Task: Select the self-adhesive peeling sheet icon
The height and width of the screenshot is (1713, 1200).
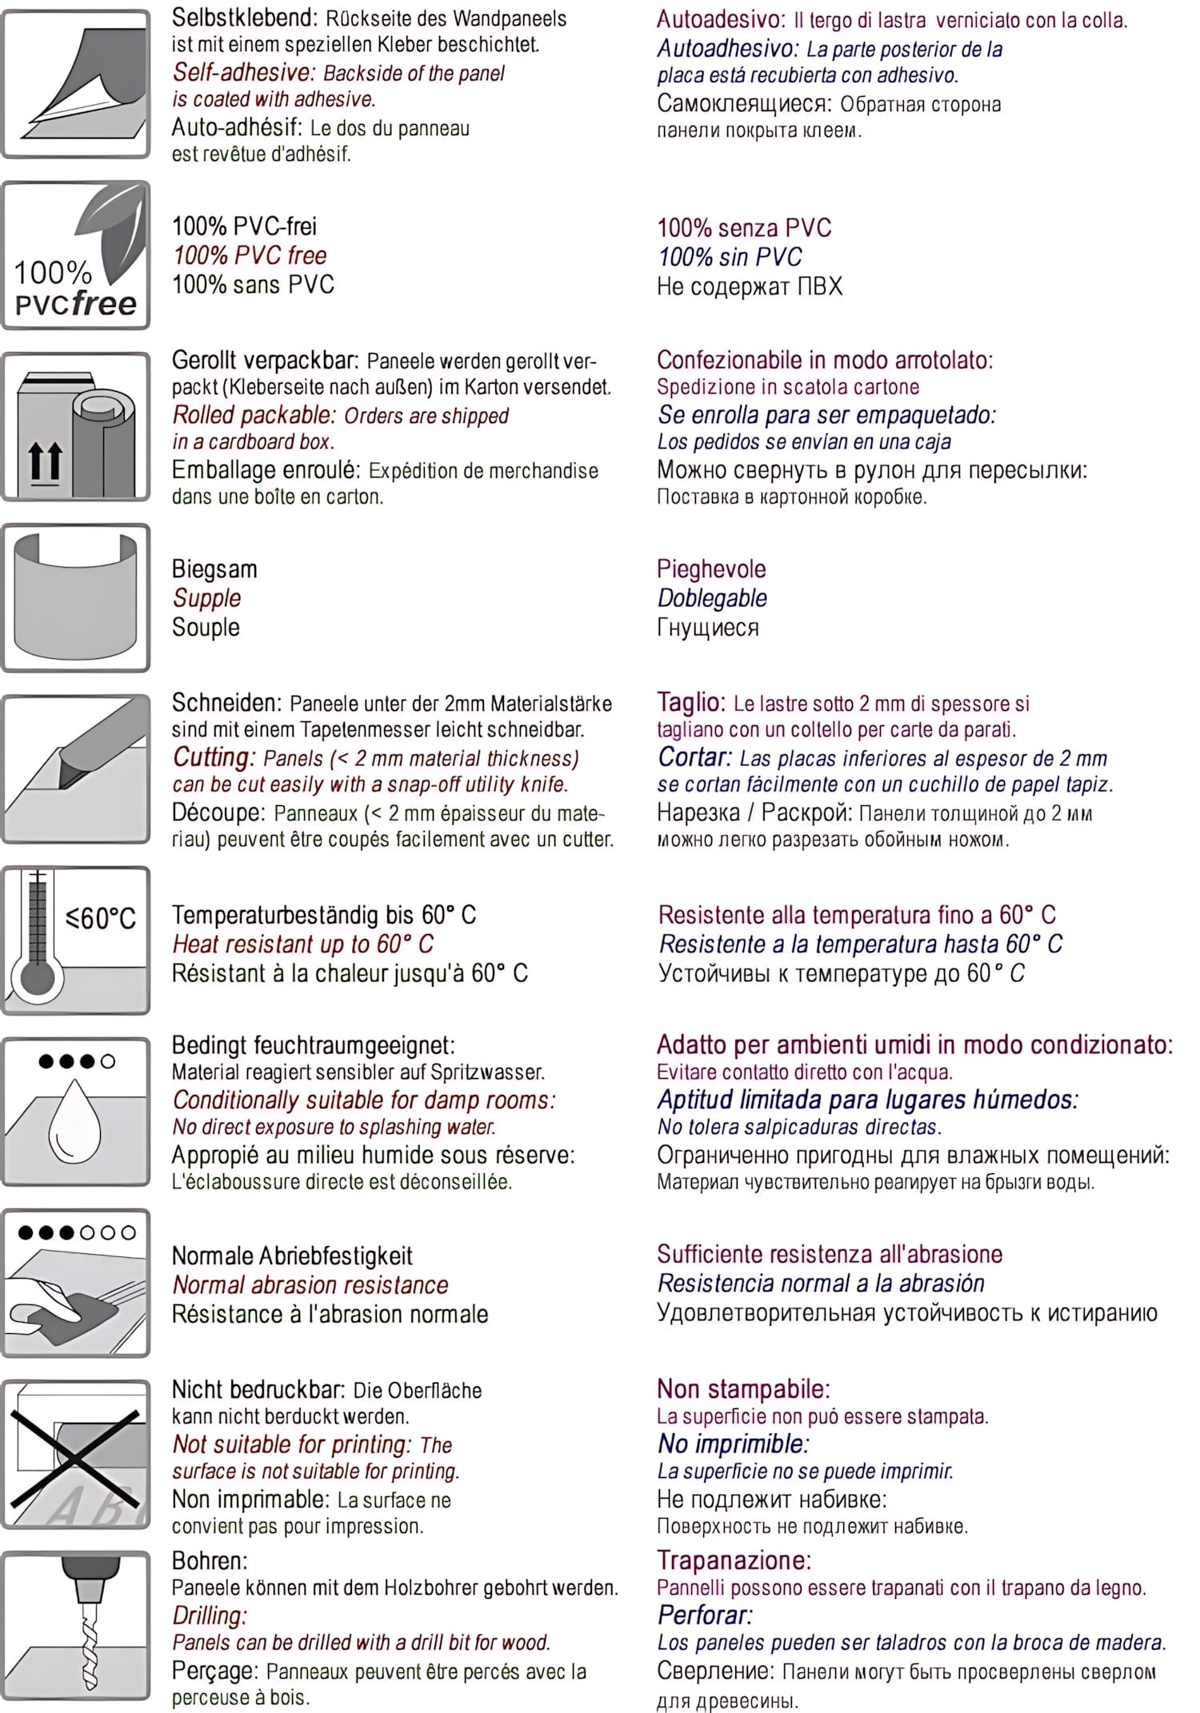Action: click(77, 84)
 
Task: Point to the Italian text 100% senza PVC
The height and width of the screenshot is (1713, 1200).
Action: click(744, 228)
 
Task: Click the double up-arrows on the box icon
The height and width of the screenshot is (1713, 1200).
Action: click(45, 462)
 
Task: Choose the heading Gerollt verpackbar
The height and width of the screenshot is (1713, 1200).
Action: click(266, 361)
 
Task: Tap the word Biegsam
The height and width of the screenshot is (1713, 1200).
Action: click(214, 569)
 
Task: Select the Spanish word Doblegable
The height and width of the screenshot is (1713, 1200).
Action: click(711, 598)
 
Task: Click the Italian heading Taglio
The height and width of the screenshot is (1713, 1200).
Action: click(690, 702)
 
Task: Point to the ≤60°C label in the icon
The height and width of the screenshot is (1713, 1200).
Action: click(101, 918)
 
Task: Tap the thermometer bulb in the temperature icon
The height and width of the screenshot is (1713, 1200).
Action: click(37, 978)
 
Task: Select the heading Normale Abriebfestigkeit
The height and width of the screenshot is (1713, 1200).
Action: click(292, 1256)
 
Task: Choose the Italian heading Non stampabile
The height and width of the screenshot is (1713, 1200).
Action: click(743, 1389)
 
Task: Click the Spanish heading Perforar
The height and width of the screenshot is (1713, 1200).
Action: click(705, 1615)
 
